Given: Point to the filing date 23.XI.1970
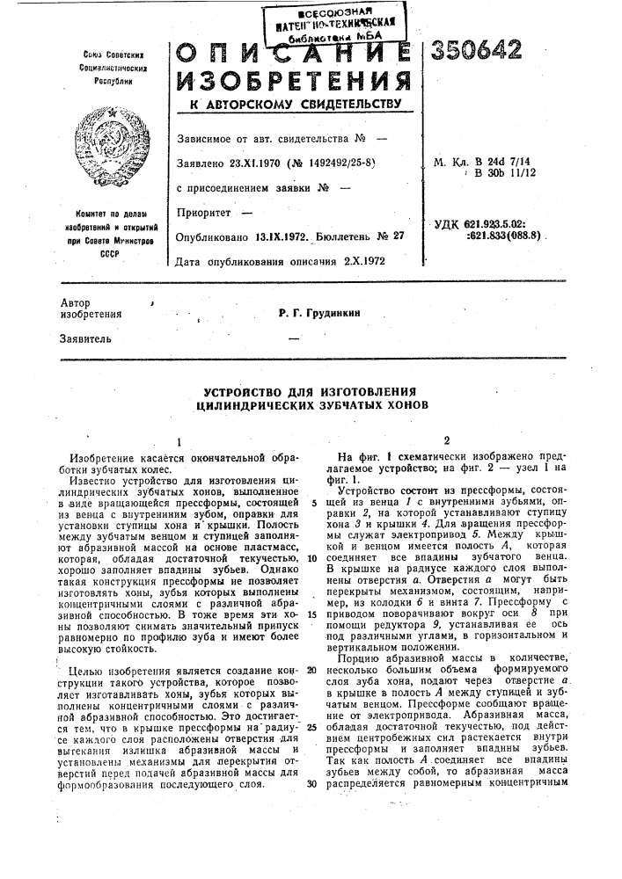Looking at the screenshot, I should (x=255, y=163).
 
